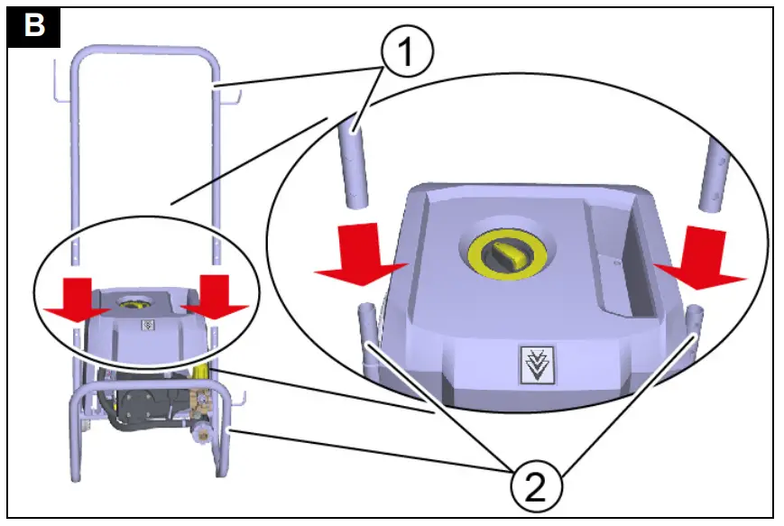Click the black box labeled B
[34, 24]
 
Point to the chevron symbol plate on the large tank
[540, 364]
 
